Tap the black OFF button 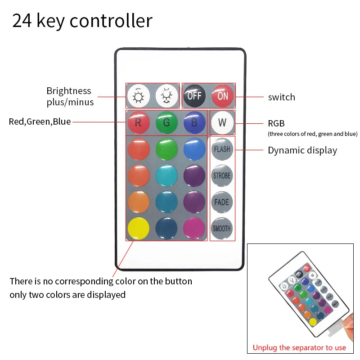(194, 95)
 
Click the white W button (222, 122)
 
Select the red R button (139, 122)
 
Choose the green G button (167, 122)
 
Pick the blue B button (194, 122)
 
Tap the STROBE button (222, 175)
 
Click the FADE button (222, 202)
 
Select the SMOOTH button (222, 228)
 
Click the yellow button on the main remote (139, 228)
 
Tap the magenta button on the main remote (194, 228)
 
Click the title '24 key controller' (82, 21)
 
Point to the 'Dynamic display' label (302, 150)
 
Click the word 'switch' (282, 97)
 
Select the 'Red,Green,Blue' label (40, 121)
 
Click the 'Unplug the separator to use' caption (299, 347)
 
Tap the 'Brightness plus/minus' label (70, 96)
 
